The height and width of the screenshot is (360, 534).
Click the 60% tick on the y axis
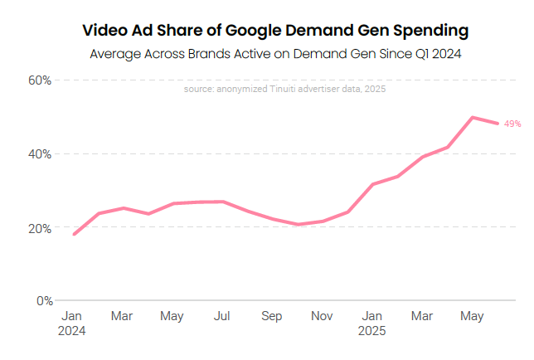40,80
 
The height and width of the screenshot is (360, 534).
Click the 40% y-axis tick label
40,154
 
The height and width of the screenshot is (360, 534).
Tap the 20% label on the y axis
40,228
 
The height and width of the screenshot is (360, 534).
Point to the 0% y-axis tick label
43,301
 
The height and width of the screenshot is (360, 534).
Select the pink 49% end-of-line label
512,124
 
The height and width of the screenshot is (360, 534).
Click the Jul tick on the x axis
221,316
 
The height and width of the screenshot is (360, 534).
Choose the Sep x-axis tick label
272,316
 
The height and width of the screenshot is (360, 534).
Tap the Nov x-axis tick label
322,316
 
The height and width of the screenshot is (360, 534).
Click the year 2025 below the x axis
372,330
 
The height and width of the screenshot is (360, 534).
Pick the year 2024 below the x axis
72,330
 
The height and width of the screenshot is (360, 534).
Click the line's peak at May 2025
473,117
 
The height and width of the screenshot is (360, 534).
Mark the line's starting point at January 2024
74,234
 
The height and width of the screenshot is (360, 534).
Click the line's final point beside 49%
498,124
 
